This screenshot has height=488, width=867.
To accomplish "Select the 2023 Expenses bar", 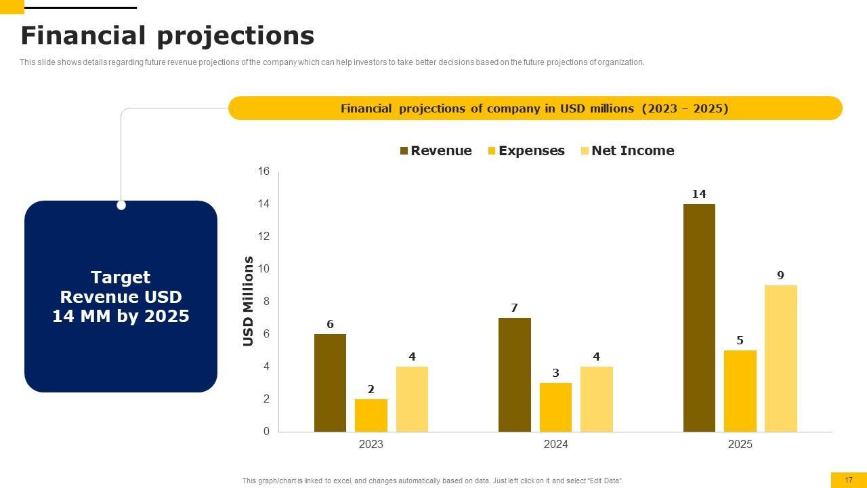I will point(371,415).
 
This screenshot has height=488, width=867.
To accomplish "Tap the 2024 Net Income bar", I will point(596,399).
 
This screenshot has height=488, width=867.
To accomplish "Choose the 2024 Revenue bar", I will point(515,374).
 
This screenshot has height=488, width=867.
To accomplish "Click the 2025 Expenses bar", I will point(740,390).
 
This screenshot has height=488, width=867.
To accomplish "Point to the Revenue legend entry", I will point(436,150).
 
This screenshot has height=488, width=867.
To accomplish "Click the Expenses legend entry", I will point(526,150).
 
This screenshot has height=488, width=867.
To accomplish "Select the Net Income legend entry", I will point(627,150).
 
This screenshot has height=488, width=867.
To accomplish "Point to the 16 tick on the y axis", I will point(263,171).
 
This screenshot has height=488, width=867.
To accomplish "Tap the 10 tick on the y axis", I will point(263,269).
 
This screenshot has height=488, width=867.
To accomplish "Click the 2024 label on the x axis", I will point(555,445).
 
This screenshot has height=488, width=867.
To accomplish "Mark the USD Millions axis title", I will point(248,301).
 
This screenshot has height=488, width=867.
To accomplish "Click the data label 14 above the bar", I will point(699,195).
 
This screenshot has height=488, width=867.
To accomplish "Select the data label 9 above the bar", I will point(780,276).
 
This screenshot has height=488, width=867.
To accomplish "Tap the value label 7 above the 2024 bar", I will point(515,308).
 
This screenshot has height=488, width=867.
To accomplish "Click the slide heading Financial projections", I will point(167,35).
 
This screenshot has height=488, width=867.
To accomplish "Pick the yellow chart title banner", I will point(535,108).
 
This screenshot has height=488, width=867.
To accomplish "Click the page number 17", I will point(849,480).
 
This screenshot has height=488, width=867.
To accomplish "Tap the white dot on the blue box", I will point(121,205).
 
